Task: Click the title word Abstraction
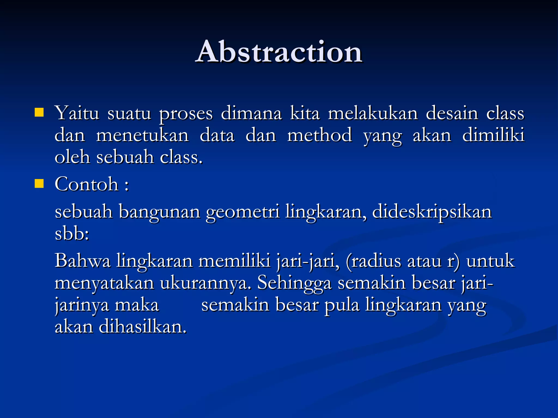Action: (279, 52)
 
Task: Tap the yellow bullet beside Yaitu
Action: (39, 112)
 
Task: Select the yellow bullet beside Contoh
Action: (39, 184)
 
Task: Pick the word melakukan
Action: (373, 113)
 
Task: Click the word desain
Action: (452, 113)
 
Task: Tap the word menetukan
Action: (142, 135)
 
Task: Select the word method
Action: (320, 135)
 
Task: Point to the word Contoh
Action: (87, 184)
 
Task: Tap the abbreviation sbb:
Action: (72, 234)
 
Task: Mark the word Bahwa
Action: (83, 261)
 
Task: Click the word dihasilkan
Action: (142, 327)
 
